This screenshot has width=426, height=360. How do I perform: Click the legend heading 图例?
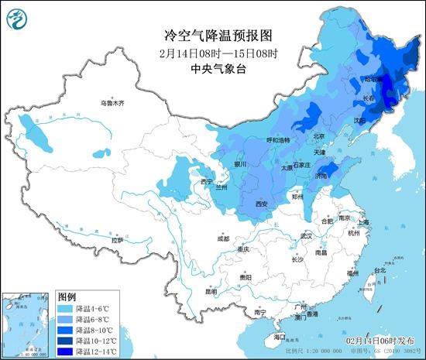pyautogui.click(x=67, y=297)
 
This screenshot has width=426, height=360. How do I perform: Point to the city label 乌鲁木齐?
pyautogui.click(x=112, y=103)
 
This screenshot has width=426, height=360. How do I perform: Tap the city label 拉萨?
pyautogui.click(x=117, y=241)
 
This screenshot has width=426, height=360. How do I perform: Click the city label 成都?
pyautogui.click(x=224, y=239)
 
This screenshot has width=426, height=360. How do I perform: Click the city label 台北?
pyautogui.click(x=380, y=270)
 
